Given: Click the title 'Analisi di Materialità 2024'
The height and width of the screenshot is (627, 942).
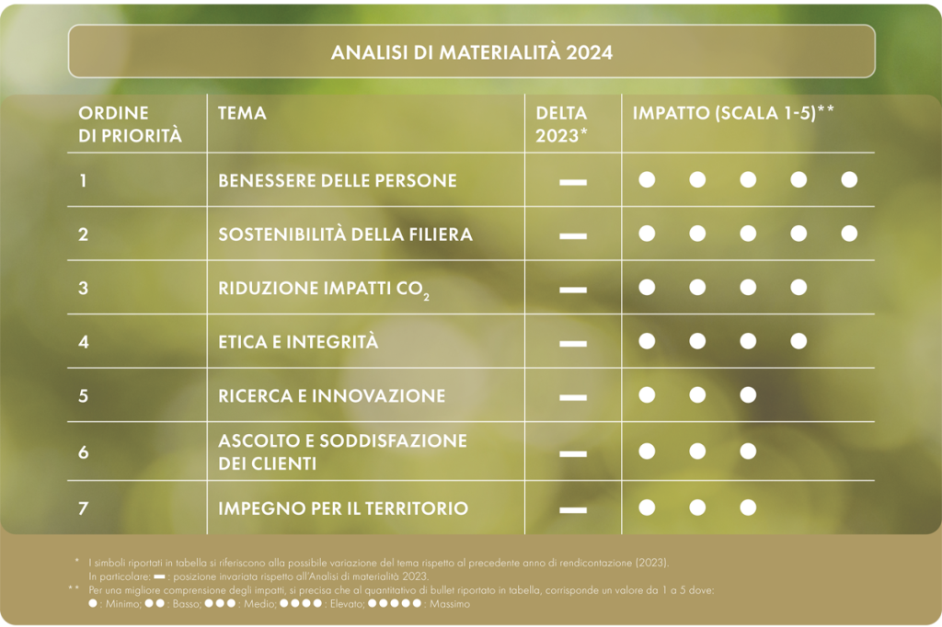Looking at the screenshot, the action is coord(472,52).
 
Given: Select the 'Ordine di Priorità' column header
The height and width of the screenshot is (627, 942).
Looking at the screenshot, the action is coord(130,124).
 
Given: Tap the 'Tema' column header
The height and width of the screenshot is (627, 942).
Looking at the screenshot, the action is coord(242,113).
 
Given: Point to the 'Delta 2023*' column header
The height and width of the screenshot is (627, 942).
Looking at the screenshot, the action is coord(561,124).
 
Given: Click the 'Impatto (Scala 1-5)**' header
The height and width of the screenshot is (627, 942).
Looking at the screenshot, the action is coord(733,112).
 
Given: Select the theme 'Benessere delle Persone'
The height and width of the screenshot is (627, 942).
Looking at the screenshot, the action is coord(338,180).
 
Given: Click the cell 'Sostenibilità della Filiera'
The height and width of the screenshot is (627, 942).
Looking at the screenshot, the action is coord(346,234).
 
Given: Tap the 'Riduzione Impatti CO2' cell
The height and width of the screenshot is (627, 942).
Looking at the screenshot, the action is coord(324,289).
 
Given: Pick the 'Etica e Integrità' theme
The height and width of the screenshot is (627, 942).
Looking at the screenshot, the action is coord(298,342).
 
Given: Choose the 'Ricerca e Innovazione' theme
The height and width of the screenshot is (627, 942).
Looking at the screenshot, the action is coord(331,395).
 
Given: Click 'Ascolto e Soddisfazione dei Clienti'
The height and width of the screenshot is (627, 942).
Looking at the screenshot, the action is coord(342,451).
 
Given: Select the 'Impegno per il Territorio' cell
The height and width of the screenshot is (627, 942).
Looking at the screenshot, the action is coord(343,508).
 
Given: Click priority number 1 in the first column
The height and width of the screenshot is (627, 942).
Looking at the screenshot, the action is coord(83,180).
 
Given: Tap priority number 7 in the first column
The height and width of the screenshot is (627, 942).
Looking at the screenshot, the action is coord(84,508).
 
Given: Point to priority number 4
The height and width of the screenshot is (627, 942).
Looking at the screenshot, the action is coord(84,342).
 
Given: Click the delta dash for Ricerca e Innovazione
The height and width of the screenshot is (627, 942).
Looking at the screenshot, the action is coord(573,397).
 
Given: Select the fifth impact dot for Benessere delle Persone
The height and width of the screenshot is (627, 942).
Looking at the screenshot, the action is coord(849,179).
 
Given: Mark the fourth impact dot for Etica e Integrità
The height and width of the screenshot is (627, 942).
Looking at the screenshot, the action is coord(798,341).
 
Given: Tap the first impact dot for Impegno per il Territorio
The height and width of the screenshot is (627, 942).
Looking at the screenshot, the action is coord(647,507).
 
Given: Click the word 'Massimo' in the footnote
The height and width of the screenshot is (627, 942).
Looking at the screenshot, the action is coord(449,604).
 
